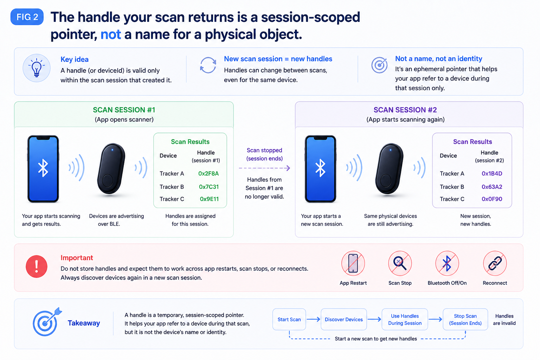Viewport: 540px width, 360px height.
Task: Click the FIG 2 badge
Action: coord(27,17)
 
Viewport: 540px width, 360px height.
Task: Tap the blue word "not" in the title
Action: coord(111,34)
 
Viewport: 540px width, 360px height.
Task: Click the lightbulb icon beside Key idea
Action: coord(37,68)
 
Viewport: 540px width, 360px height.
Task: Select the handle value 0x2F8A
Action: coord(208,174)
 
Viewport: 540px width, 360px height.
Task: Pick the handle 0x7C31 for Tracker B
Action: coord(209,187)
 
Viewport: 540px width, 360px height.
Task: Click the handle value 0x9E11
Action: coord(209,199)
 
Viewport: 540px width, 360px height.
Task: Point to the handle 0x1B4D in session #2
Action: coord(492,174)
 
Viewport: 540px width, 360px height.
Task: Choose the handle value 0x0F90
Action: coord(492,199)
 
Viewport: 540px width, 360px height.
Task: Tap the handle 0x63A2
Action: coord(492,187)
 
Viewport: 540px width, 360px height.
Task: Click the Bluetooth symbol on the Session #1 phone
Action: coord(43,168)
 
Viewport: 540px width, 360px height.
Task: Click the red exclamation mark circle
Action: coord(37,266)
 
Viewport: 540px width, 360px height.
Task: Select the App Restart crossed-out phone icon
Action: coord(353,263)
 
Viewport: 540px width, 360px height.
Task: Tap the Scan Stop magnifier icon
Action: coord(400,263)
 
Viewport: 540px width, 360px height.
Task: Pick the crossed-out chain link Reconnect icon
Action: coord(495,263)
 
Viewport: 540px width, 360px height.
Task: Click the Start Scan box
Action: coord(289,319)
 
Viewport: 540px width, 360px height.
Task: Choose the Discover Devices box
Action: coord(344,319)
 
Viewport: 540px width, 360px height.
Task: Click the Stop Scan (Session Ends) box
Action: coord(465,319)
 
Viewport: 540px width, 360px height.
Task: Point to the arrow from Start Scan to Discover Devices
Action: coord(313,319)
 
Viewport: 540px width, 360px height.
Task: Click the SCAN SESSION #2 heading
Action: coord(405,110)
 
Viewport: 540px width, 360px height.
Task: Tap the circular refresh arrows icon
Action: coord(208,65)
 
